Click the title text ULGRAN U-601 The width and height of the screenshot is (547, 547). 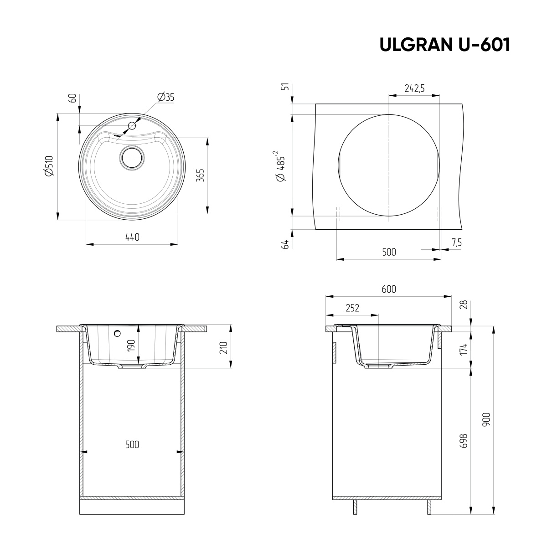[444, 45]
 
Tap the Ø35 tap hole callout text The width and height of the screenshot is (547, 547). [165, 97]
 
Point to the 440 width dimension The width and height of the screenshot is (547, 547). [132, 237]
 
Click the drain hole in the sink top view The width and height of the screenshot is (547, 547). [132, 157]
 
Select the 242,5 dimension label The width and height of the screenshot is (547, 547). [414, 88]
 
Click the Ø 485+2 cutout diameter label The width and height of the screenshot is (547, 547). [280, 166]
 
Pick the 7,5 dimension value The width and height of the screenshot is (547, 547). [456, 243]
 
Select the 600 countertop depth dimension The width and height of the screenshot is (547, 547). [389, 289]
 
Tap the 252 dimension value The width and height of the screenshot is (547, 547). [352, 308]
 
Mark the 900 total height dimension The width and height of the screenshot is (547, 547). [486, 418]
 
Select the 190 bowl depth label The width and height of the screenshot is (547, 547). [131, 345]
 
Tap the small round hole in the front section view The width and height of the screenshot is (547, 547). [118, 333]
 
